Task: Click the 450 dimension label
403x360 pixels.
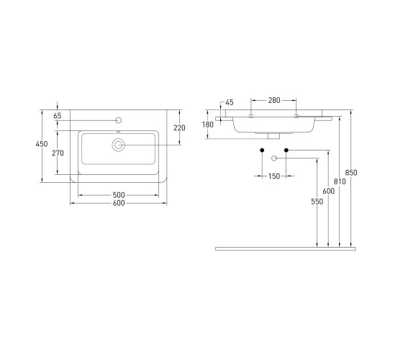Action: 42,144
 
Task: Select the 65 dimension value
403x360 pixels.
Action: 58,116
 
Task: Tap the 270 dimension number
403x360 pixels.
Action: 58,153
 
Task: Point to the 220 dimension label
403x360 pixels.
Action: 179,128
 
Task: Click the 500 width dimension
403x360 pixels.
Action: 119,195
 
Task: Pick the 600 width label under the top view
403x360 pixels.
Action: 119,203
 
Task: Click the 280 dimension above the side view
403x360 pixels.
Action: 274,100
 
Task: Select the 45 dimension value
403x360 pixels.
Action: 230,102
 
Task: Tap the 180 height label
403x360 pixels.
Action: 208,125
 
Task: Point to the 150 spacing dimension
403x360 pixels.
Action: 274,176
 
